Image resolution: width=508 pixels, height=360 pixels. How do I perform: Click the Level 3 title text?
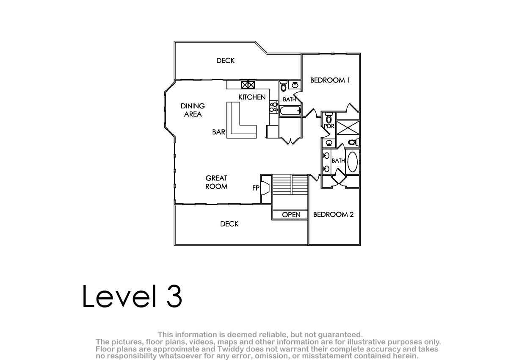(x=132, y=296)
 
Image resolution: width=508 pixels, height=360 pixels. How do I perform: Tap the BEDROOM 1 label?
(x=330, y=80)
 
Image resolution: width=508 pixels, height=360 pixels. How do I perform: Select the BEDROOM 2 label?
(x=334, y=214)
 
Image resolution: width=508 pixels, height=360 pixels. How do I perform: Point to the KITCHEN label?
(x=252, y=97)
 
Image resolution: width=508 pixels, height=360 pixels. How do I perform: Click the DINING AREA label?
(x=193, y=110)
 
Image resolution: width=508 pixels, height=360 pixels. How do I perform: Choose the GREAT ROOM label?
(x=216, y=182)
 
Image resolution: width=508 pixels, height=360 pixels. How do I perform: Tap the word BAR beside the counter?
(x=218, y=132)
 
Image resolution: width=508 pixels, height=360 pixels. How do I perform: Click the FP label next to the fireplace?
(x=256, y=188)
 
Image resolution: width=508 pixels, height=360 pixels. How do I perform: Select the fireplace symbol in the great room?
(x=265, y=188)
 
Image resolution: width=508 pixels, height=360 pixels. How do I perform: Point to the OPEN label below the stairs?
(x=291, y=215)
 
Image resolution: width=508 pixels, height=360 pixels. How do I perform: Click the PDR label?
(x=329, y=126)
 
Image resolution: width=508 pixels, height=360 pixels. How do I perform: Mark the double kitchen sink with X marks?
(x=248, y=85)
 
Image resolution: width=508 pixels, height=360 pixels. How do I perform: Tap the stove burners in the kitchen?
(x=274, y=107)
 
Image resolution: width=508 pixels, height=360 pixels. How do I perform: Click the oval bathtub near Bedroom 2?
(x=352, y=162)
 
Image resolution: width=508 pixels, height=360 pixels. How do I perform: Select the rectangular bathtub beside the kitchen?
(x=290, y=111)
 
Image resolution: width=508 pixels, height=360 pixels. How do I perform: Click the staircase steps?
(x=290, y=184)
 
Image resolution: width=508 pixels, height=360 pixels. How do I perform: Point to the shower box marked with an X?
(x=348, y=127)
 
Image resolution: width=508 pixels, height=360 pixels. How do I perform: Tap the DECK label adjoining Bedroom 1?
(x=225, y=61)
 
